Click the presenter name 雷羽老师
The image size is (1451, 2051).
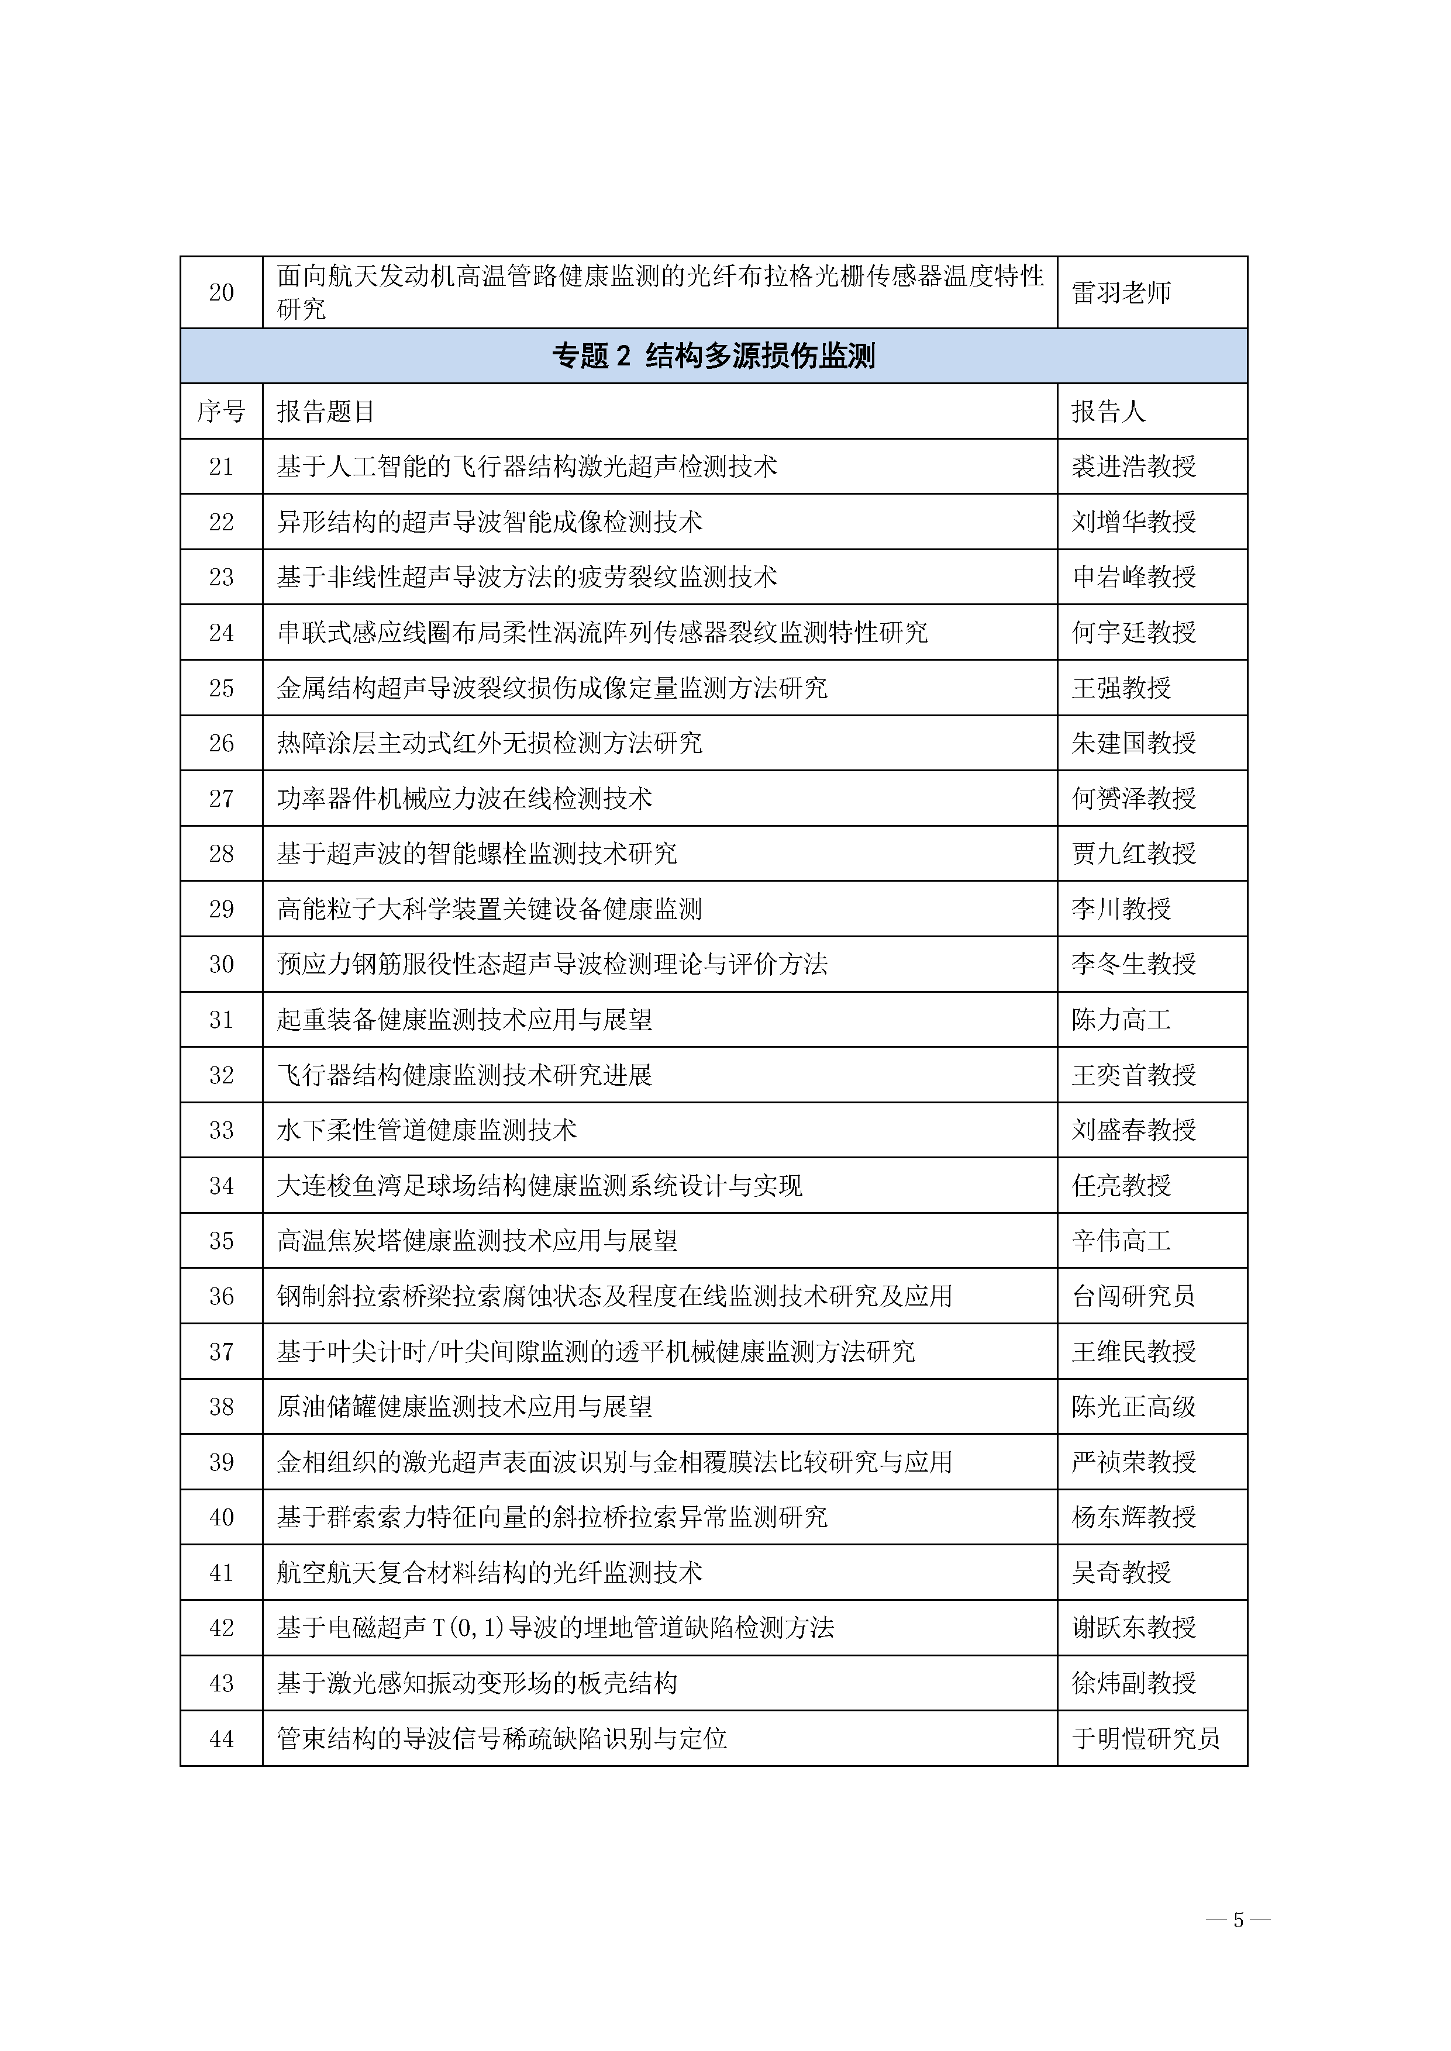(x=1121, y=293)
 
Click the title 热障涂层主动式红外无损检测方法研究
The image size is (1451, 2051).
(x=490, y=743)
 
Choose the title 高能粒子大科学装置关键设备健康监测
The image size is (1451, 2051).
(x=490, y=909)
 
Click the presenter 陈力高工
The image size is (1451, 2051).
(x=1121, y=1020)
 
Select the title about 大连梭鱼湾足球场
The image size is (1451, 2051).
(x=540, y=1186)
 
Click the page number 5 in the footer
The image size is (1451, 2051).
(x=1238, y=1919)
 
